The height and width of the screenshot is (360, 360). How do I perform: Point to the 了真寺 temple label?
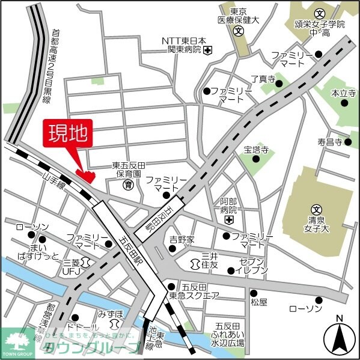[263, 79]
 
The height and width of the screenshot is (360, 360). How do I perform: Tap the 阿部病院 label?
[228, 206]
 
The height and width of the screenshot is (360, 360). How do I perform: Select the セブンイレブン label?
[252, 267]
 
